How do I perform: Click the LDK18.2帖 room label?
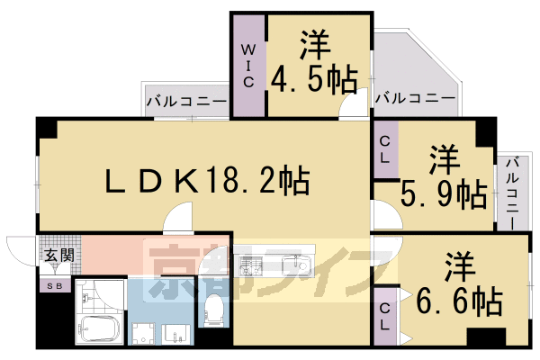click(208, 182)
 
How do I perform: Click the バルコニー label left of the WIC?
click(186, 103)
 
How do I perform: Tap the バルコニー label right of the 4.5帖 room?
click(415, 97)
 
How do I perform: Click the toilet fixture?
click(214, 310)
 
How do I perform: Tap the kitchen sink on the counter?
click(292, 265)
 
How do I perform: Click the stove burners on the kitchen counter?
click(248, 265)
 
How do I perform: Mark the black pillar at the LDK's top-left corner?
click(47, 129)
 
